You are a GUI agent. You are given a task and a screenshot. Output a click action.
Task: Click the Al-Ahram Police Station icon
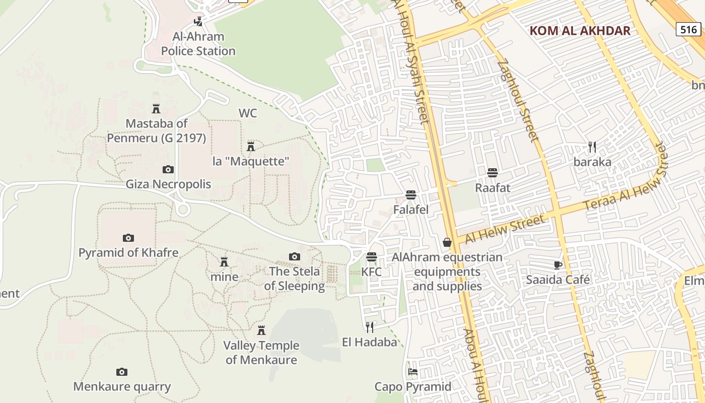pos(199,22)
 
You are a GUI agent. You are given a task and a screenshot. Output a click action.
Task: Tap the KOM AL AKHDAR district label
pos(580,31)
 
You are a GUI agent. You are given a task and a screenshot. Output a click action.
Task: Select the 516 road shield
pos(688,29)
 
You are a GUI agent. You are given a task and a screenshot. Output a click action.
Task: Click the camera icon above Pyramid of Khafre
pos(128,238)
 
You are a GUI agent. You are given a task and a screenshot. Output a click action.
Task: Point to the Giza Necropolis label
pos(168,184)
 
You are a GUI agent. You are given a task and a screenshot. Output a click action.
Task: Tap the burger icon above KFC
pos(372,257)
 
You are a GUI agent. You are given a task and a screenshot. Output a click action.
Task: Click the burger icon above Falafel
pos(411,195)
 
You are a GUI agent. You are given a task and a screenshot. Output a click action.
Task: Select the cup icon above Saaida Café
pos(557,265)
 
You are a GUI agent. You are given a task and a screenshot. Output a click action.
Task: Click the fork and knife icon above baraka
pos(592,147)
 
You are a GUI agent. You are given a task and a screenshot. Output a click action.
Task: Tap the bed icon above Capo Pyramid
pos(413,372)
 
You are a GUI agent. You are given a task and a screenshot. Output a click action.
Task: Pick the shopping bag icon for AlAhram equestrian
pos(447,243)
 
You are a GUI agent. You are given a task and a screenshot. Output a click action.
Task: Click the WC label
pos(247,113)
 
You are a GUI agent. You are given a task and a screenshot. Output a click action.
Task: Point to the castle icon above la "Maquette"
pos(250,147)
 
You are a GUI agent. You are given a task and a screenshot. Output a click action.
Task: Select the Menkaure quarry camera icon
pos(122,372)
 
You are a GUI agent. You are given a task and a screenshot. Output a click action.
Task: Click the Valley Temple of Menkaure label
pos(261,353)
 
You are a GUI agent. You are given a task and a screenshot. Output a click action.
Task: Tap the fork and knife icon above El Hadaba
pos(370,327)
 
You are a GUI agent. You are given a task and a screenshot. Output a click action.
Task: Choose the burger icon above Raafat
pos(492,173)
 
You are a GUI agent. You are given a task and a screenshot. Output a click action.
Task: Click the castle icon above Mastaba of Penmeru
pos(156,108)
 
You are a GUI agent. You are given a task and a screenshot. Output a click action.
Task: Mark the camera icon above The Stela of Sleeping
pos(295,257)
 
